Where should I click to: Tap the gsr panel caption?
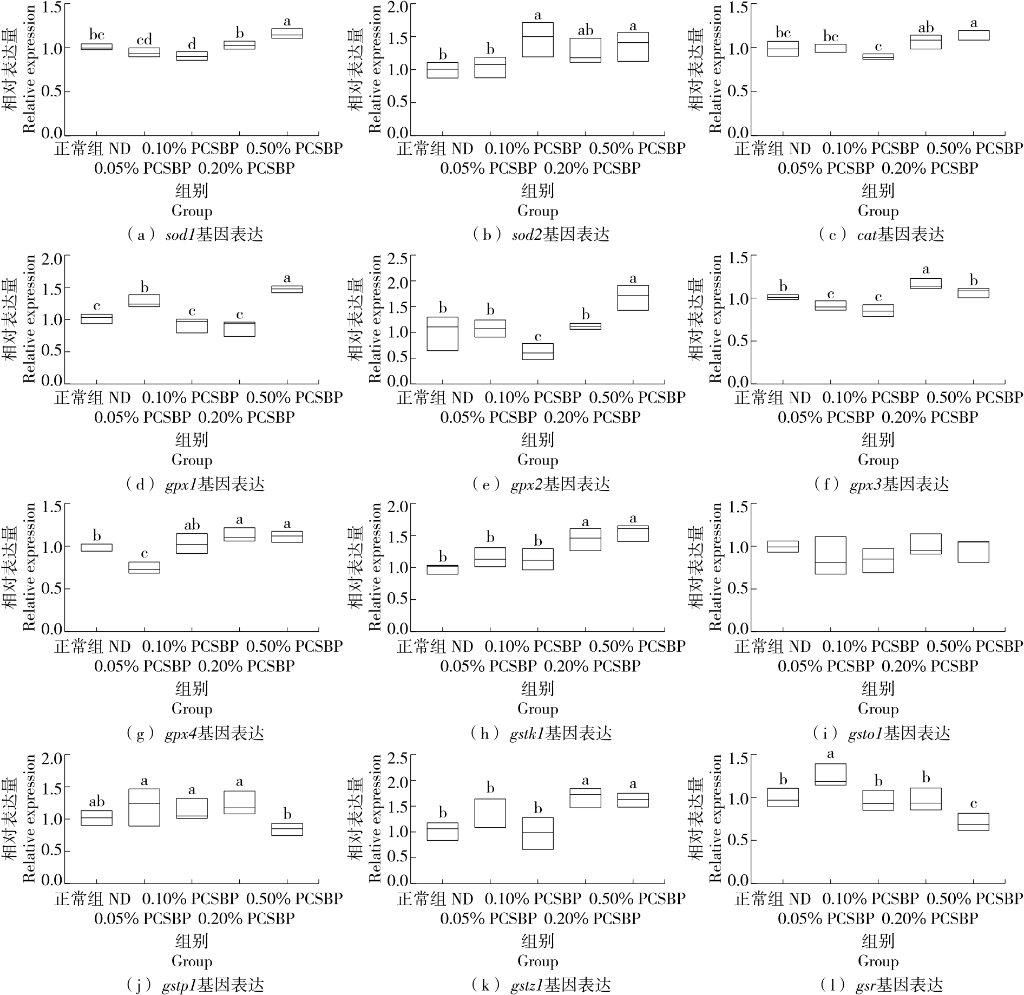881,985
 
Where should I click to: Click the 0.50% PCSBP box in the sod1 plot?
287,34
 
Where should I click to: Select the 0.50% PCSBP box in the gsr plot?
973,822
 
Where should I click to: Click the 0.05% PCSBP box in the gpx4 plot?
145,567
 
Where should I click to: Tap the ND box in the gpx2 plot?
443,333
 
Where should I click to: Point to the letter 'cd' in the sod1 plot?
145,40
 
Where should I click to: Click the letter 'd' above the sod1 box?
192,44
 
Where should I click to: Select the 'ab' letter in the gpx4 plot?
192,525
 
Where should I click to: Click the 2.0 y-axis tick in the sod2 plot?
398,7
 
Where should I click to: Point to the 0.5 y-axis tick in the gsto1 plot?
739,588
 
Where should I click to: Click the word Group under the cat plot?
878,211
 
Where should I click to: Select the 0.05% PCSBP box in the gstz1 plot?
490,813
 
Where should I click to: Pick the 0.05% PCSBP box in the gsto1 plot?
830,555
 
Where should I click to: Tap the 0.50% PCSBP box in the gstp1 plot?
287,829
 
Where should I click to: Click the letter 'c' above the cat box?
878,47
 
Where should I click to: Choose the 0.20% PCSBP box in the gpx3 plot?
925,283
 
